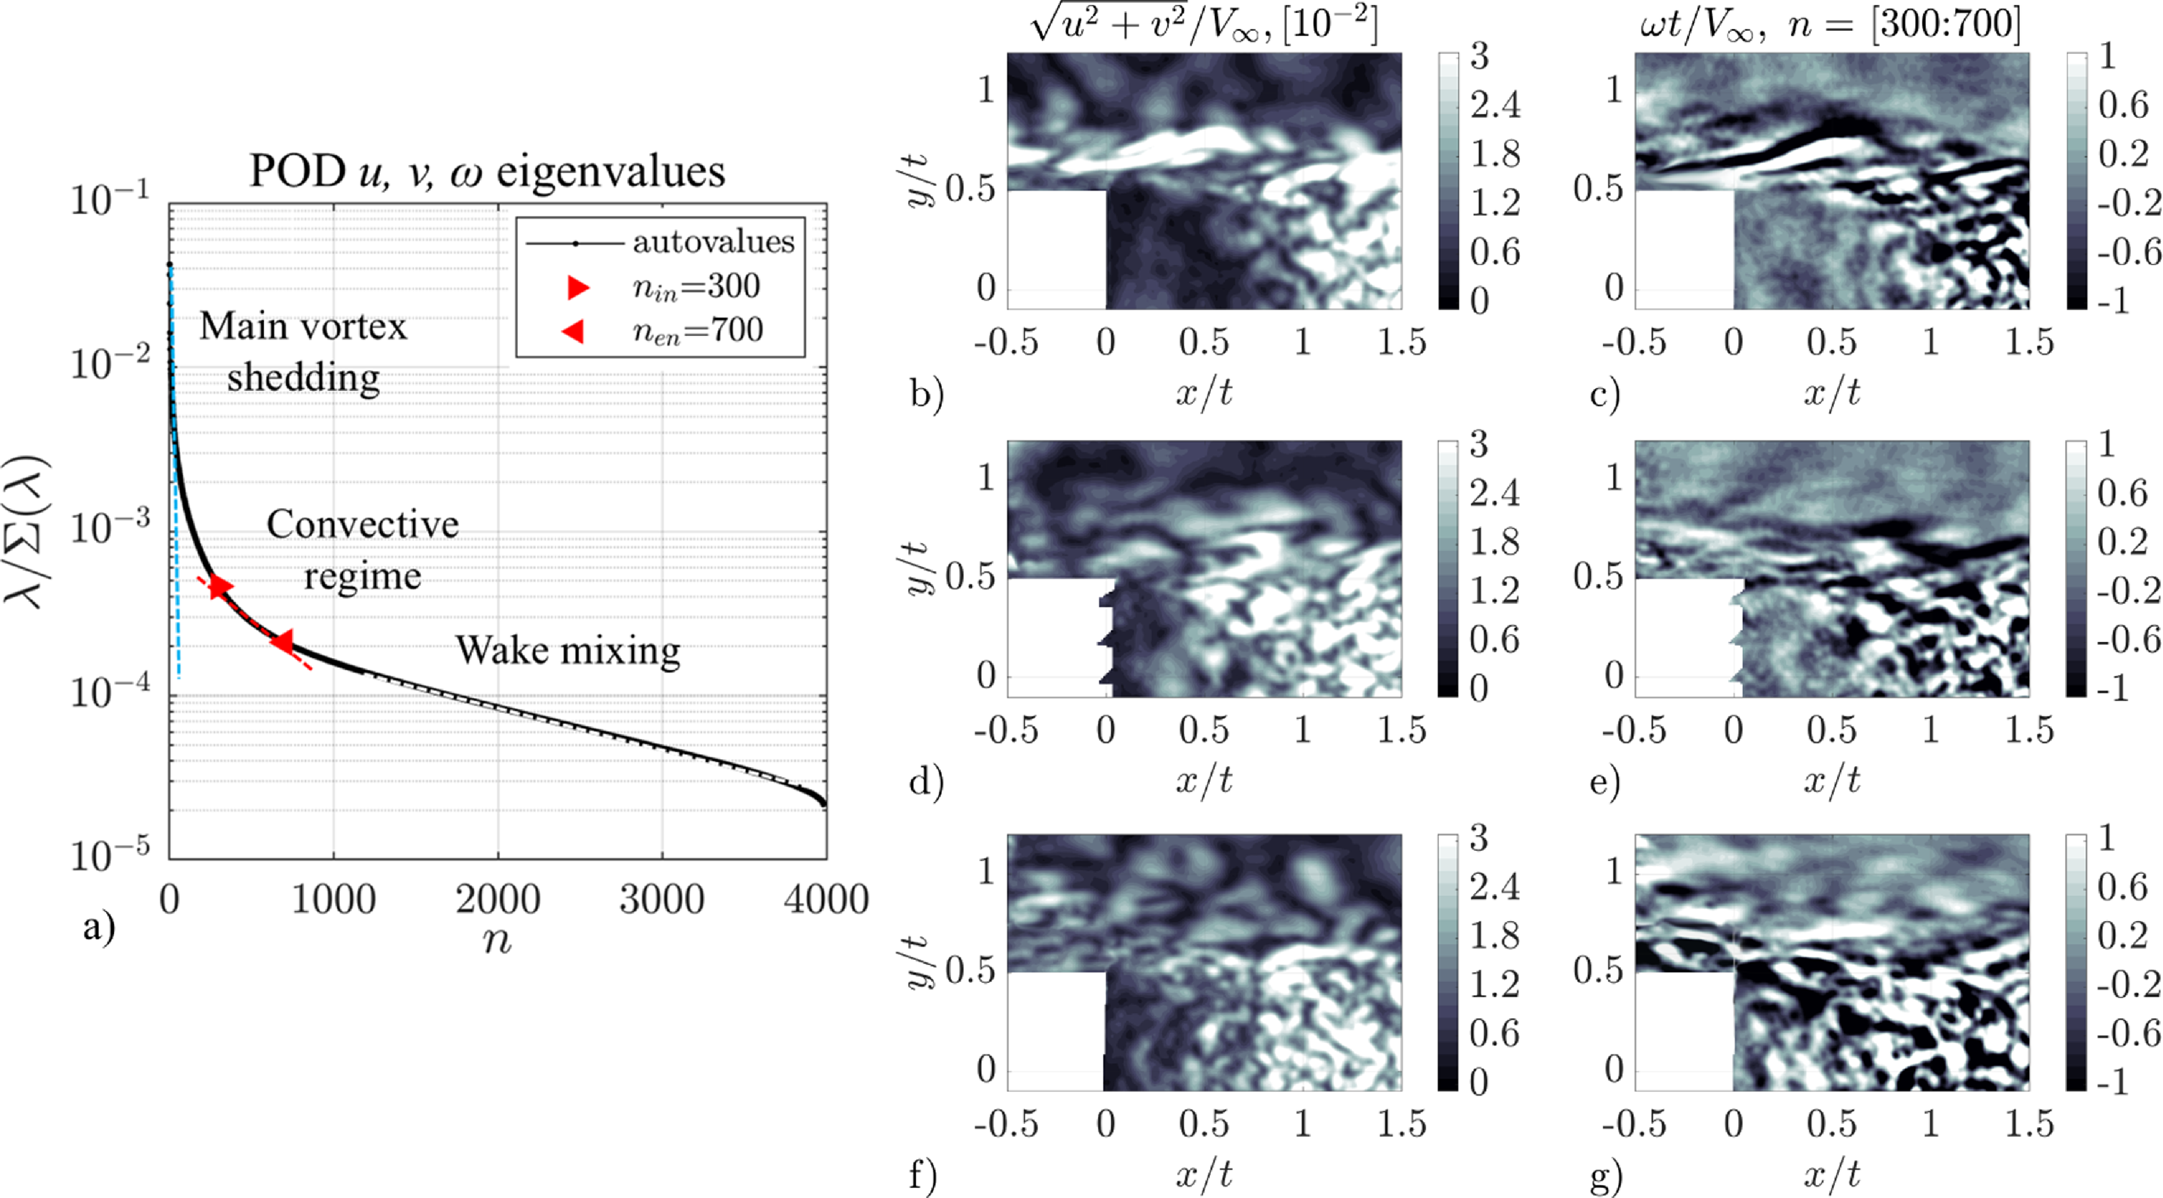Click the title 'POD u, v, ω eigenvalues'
point(487,172)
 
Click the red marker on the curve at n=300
point(219,587)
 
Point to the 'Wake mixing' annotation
point(568,651)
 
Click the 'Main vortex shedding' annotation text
point(303,352)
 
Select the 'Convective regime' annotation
point(363,550)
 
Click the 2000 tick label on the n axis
point(498,899)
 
